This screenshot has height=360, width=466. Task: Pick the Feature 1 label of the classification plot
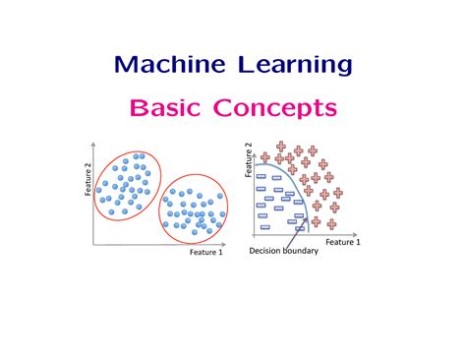point(343,241)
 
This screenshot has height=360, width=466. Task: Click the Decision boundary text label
point(285,251)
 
